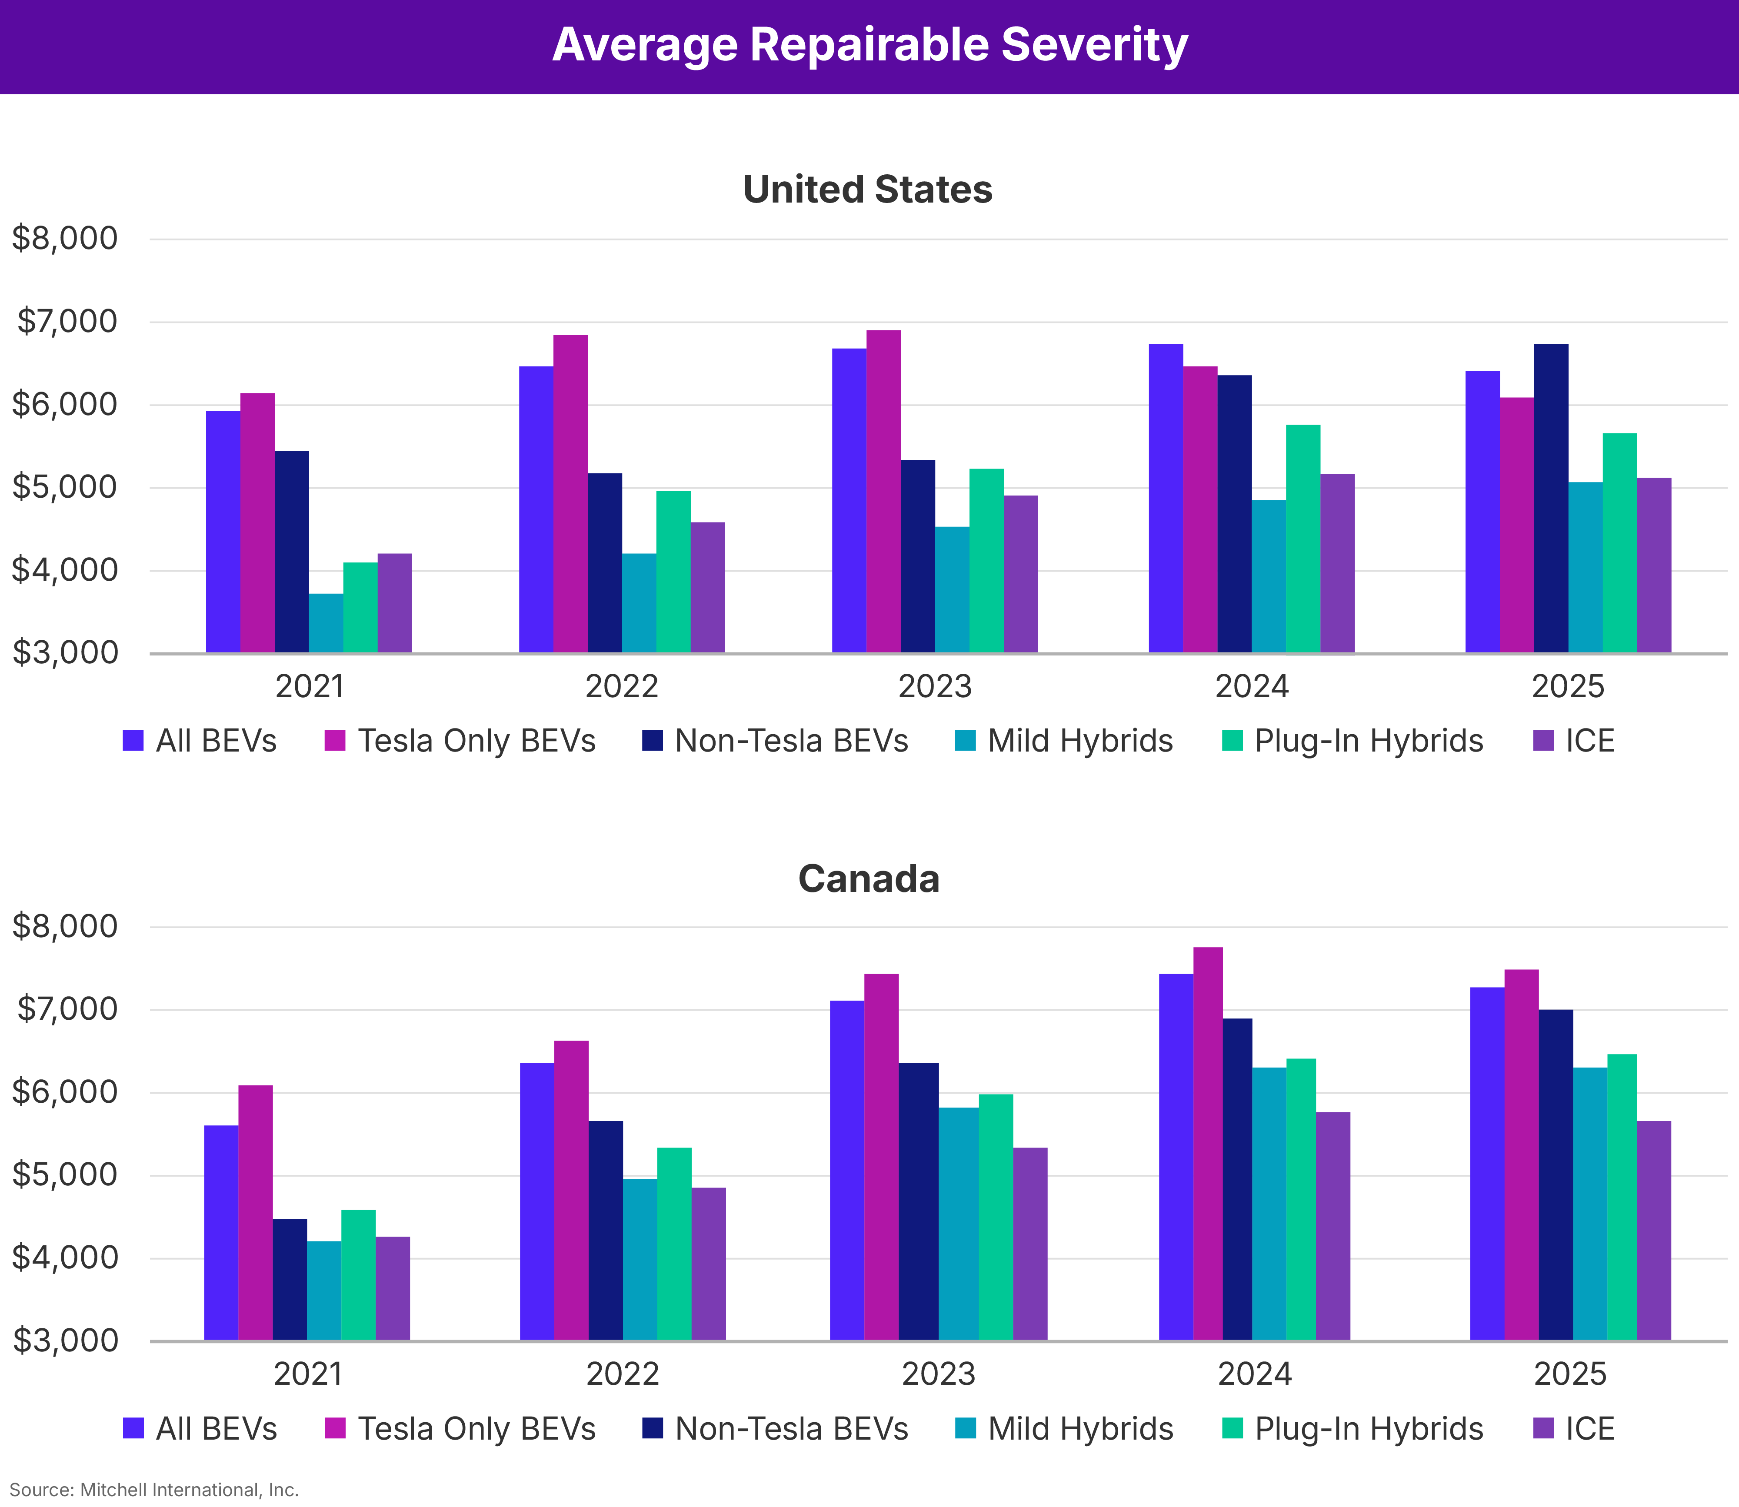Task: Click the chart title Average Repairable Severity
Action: [x=869, y=45]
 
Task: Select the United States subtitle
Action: [x=868, y=189]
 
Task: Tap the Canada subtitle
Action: [x=869, y=879]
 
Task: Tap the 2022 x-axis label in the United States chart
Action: [x=621, y=687]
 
